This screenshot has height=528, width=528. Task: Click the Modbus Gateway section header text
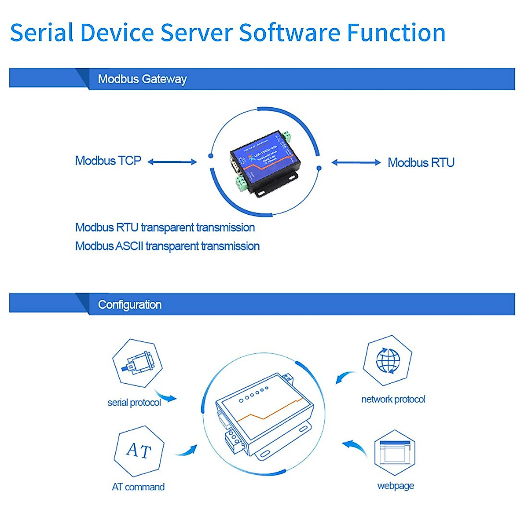click(142, 79)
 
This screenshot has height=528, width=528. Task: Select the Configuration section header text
click(129, 304)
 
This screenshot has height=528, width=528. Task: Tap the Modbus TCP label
click(108, 161)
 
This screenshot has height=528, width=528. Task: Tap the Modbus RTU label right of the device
click(421, 162)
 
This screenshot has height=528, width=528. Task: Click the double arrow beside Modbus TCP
click(172, 162)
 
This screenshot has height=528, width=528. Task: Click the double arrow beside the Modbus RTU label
click(356, 162)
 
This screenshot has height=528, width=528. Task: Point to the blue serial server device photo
click(264, 163)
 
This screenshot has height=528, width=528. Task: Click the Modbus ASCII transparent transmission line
click(167, 246)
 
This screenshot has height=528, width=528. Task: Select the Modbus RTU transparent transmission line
click(165, 227)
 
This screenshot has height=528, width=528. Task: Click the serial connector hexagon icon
click(137, 363)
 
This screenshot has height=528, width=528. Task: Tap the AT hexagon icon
click(139, 451)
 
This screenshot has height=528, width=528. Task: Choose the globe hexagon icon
click(388, 360)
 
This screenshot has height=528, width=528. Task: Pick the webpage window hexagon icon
click(395, 453)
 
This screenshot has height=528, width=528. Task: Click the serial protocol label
click(134, 403)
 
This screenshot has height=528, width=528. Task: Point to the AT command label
click(138, 487)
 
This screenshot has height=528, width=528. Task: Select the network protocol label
click(393, 399)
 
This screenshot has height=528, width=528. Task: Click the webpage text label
click(396, 486)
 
